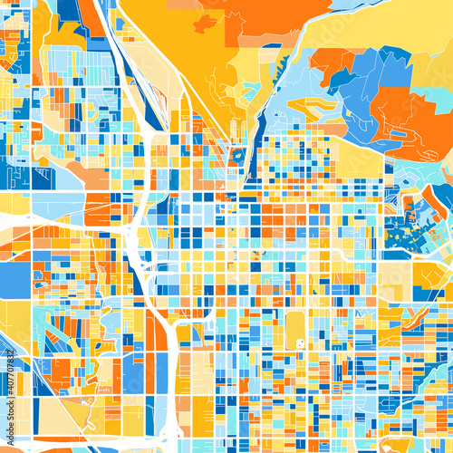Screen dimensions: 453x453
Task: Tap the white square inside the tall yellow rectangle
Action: click(298, 343)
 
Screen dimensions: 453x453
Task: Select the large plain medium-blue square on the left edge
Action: click(15, 279)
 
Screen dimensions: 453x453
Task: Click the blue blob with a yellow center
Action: click(237, 156)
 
